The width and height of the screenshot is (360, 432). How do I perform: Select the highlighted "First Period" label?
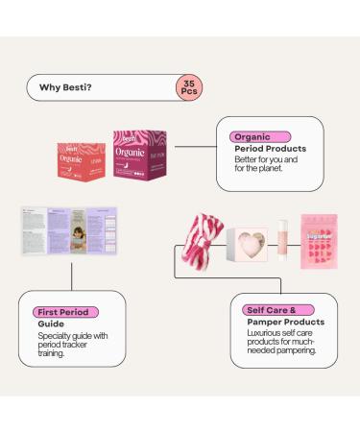point(62,312)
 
